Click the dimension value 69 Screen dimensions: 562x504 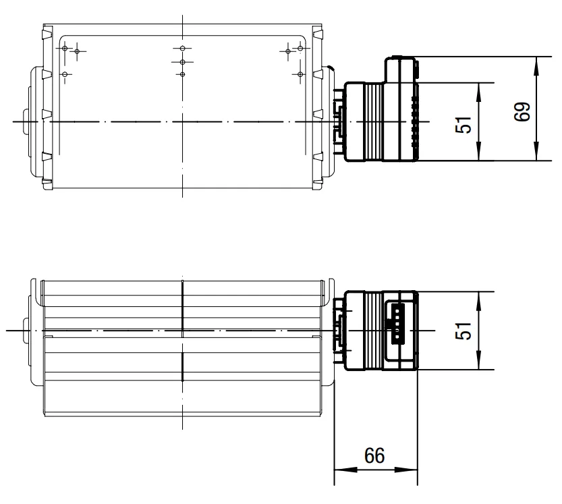[x=522, y=111]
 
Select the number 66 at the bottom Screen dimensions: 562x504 [x=374, y=455]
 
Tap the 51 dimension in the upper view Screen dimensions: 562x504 [x=463, y=124]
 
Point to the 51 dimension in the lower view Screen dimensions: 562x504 [x=463, y=331]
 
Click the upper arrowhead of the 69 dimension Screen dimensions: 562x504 [x=536, y=66]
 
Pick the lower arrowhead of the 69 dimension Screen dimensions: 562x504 [x=536, y=151]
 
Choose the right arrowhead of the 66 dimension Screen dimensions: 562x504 [x=406, y=469]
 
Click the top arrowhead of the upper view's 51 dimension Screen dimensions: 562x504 [x=478, y=92]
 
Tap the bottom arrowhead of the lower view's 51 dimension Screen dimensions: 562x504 [x=478, y=360]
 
